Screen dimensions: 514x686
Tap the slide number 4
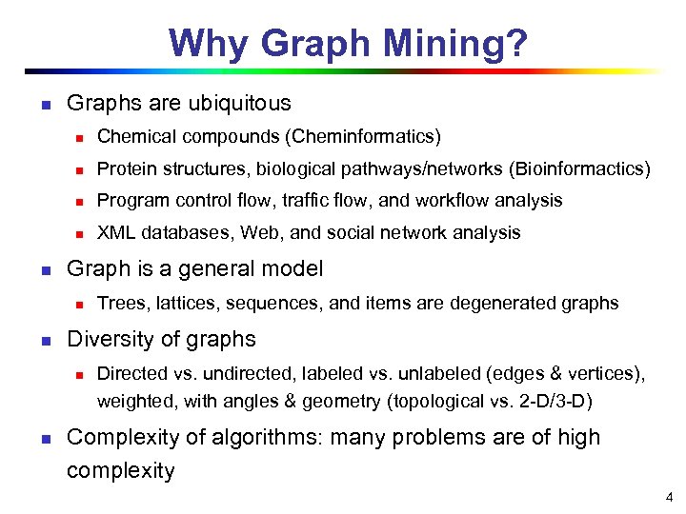coord(670,496)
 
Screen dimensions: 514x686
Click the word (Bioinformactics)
coord(580,169)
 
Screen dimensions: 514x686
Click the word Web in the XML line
coord(258,232)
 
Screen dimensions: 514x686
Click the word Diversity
coord(106,339)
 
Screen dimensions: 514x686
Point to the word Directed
coord(130,375)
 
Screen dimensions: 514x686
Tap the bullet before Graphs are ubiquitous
coord(44,103)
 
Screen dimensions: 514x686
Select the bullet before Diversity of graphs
coord(44,340)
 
